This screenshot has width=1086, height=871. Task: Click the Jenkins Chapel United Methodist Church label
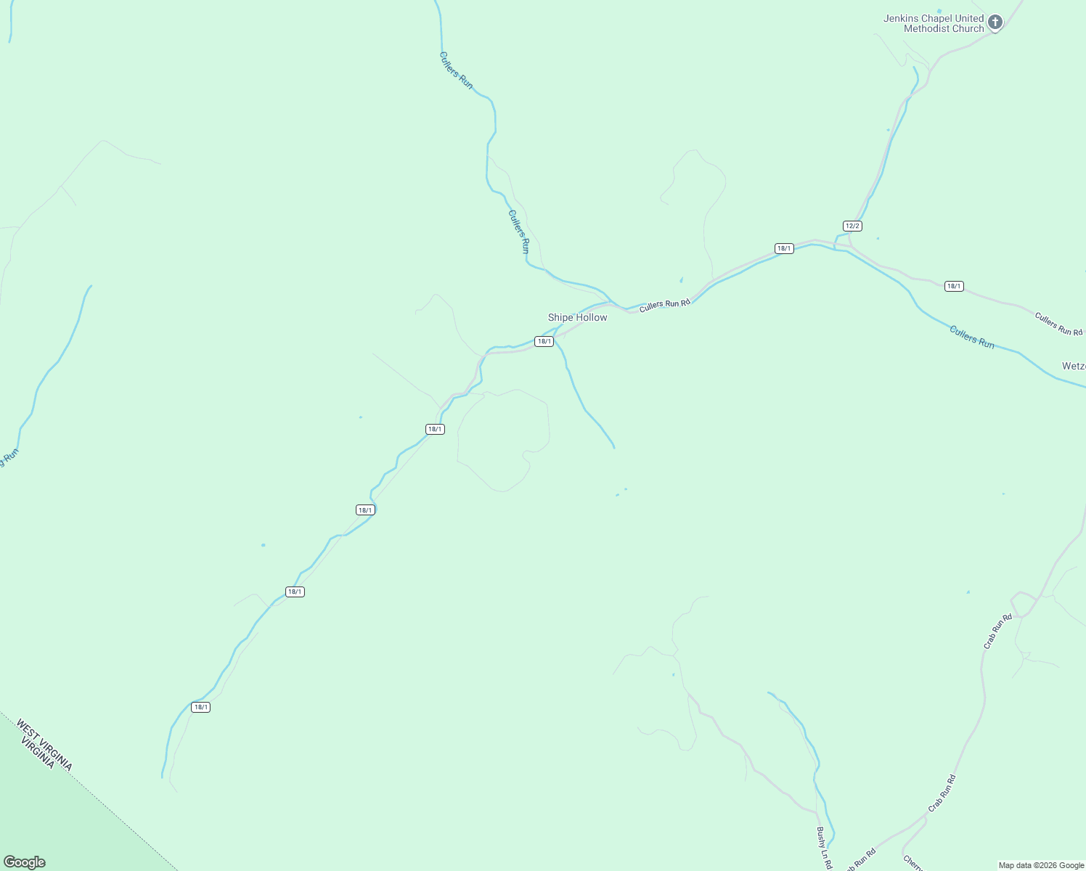(x=934, y=23)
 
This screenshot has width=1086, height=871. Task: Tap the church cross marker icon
(x=995, y=23)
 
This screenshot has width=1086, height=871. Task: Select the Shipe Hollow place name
(x=577, y=317)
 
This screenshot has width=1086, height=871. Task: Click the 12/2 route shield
(x=852, y=226)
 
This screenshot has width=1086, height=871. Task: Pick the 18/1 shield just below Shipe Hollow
(x=544, y=341)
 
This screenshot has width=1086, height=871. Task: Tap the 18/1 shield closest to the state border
(x=200, y=707)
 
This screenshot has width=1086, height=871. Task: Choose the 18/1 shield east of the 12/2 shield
(x=954, y=286)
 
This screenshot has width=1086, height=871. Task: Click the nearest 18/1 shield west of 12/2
(x=784, y=248)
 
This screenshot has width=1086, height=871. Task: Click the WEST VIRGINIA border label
(x=44, y=744)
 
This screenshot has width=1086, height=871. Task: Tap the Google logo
(x=24, y=862)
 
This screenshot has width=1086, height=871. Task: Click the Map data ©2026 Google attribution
(x=1041, y=865)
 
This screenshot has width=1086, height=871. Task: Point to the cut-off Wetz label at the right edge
(x=1074, y=367)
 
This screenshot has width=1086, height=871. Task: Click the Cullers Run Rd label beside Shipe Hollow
(x=664, y=305)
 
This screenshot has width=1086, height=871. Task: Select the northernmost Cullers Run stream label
(x=456, y=70)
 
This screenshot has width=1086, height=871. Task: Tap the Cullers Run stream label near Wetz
(x=972, y=338)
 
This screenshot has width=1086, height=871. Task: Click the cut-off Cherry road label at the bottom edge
(x=913, y=863)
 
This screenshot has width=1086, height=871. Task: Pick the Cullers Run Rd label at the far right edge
(x=1058, y=324)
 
